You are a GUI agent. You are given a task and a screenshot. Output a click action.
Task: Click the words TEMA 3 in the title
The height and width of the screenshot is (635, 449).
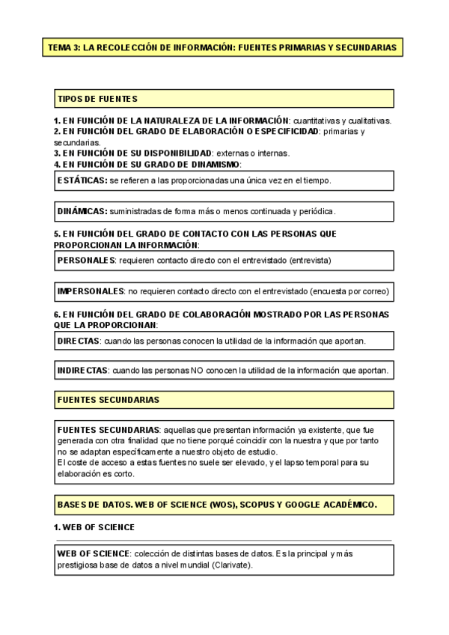point(63,47)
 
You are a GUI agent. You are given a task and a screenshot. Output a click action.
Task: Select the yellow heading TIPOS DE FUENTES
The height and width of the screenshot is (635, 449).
point(97,99)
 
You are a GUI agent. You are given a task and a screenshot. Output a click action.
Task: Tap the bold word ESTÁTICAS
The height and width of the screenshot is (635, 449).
point(82,180)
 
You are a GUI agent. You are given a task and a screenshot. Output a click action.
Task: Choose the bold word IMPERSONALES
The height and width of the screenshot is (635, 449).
point(91,291)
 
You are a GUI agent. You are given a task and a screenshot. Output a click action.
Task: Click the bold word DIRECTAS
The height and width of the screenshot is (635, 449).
point(79,341)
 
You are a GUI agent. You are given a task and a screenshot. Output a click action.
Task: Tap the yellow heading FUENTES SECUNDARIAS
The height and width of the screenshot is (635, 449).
point(108,400)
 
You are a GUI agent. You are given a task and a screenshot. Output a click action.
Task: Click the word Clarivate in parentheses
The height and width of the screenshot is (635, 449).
point(232,565)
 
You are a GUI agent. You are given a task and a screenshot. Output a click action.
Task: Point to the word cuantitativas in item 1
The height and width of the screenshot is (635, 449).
point(318,121)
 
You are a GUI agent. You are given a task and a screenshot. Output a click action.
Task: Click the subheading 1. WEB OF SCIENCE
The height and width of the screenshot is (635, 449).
point(94,527)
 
